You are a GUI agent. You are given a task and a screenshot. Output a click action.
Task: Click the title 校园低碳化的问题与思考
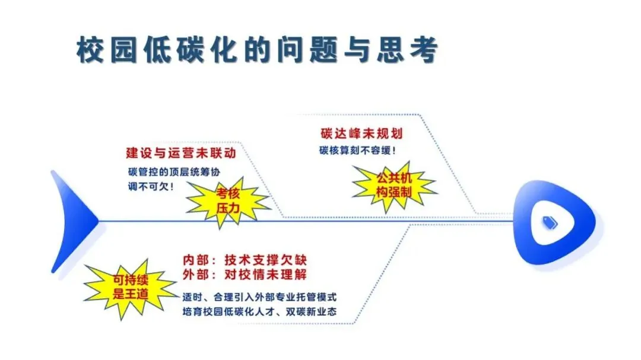click(x=257, y=50)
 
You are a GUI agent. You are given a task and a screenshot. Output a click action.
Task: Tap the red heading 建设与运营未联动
click(x=181, y=153)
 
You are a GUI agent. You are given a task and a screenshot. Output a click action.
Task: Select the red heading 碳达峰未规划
click(x=361, y=133)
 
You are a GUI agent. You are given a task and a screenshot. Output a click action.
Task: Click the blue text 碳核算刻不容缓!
click(x=357, y=151)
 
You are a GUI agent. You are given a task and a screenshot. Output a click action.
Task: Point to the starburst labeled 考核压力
click(x=228, y=202)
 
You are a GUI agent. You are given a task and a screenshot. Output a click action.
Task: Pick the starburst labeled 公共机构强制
click(x=394, y=185)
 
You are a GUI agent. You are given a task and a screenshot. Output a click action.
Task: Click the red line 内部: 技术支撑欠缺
click(x=245, y=260)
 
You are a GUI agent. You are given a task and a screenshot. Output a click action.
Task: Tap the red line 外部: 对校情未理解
click(x=245, y=275)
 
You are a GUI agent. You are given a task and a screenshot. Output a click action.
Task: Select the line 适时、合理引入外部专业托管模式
click(x=259, y=297)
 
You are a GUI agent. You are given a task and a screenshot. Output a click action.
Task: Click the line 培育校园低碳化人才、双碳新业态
click(x=259, y=312)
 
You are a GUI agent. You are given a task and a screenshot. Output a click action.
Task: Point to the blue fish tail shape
click(x=74, y=221)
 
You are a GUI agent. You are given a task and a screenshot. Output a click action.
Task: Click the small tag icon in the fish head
click(x=550, y=222)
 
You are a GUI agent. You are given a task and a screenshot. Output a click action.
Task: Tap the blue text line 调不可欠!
click(x=150, y=187)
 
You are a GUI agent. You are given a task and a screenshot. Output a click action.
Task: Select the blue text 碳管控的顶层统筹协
click(x=174, y=172)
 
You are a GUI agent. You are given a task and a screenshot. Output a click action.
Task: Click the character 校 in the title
click(x=90, y=50)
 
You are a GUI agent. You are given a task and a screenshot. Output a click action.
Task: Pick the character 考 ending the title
click(x=424, y=50)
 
